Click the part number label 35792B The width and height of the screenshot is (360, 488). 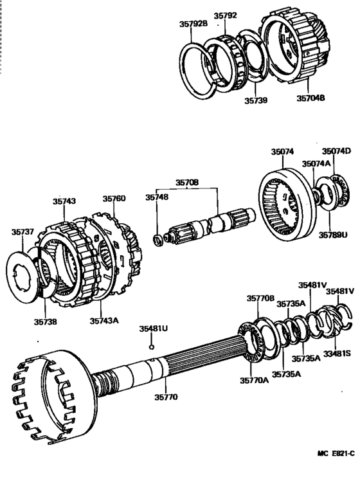(193, 24)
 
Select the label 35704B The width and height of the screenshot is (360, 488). (310, 99)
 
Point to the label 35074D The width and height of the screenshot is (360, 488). (336, 151)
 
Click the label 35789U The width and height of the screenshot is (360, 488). (333, 234)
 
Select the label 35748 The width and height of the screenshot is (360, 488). (157, 197)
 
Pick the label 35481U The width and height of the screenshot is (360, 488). (153, 328)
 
